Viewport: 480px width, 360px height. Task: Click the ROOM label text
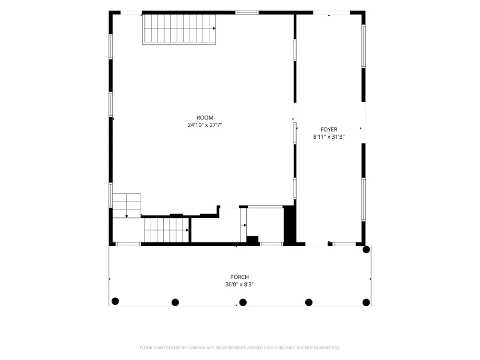pyautogui.click(x=205, y=118)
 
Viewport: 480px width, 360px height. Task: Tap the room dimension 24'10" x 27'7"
pyautogui.click(x=205, y=125)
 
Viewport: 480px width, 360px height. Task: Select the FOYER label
pyautogui.click(x=329, y=130)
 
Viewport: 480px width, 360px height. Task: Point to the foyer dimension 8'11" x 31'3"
pyautogui.click(x=329, y=137)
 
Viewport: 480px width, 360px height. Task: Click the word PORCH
pyautogui.click(x=240, y=277)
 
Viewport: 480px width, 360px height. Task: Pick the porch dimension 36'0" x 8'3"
pyautogui.click(x=240, y=284)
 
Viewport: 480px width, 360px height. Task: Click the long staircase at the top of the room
pyautogui.click(x=179, y=29)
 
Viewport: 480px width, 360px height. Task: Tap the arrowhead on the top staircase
pyautogui.click(x=214, y=28)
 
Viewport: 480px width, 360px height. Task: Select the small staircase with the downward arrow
pyautogui.click(x=127, y=205)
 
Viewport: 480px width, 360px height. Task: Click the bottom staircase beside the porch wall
pyautogui.click(x=167, y=229)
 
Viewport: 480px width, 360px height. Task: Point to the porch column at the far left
pyautogui.click(x=115, y=301)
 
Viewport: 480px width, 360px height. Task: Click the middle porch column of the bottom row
pyautogui.click(x=243, y=302)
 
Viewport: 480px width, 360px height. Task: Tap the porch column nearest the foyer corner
pyautogui.click(x=366, y=250)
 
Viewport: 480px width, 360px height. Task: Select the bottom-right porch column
pyautogui.click(x=366, y=302)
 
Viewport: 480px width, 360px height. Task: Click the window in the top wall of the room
pyautogui.click(x=247, y=12)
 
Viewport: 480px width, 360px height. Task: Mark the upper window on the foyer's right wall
pyautogui.click(x=363, y=46)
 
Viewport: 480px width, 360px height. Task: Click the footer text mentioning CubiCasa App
pyautogui.click(x=240, y=348)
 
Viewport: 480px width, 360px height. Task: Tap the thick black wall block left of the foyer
pyautogui.click(x=289, y=225)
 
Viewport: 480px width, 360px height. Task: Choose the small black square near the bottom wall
pyautogui.click(x=252, y=240)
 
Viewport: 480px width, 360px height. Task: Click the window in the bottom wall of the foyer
pyautogui.click(x=344, y=244)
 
